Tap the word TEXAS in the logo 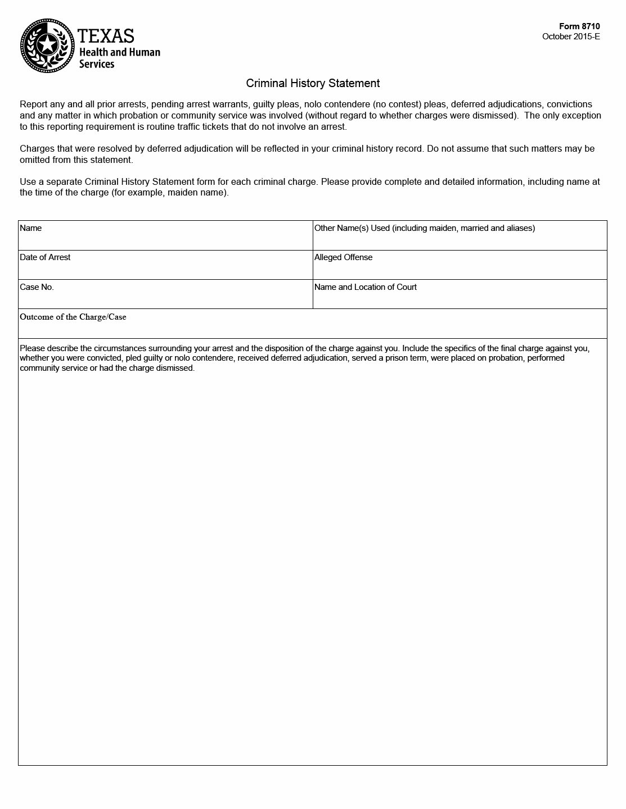click(106, 36)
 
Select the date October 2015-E click(571, 37)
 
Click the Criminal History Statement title click(313, 83)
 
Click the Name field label click(31, 228)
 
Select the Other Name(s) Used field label click(425, 228)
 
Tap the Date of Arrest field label click(45, 257)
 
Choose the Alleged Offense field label click(343, 257)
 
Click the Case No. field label click(37, 287)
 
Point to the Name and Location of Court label click(366, 287)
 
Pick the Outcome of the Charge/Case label click(73, 317)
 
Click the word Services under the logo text click(96, 64)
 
